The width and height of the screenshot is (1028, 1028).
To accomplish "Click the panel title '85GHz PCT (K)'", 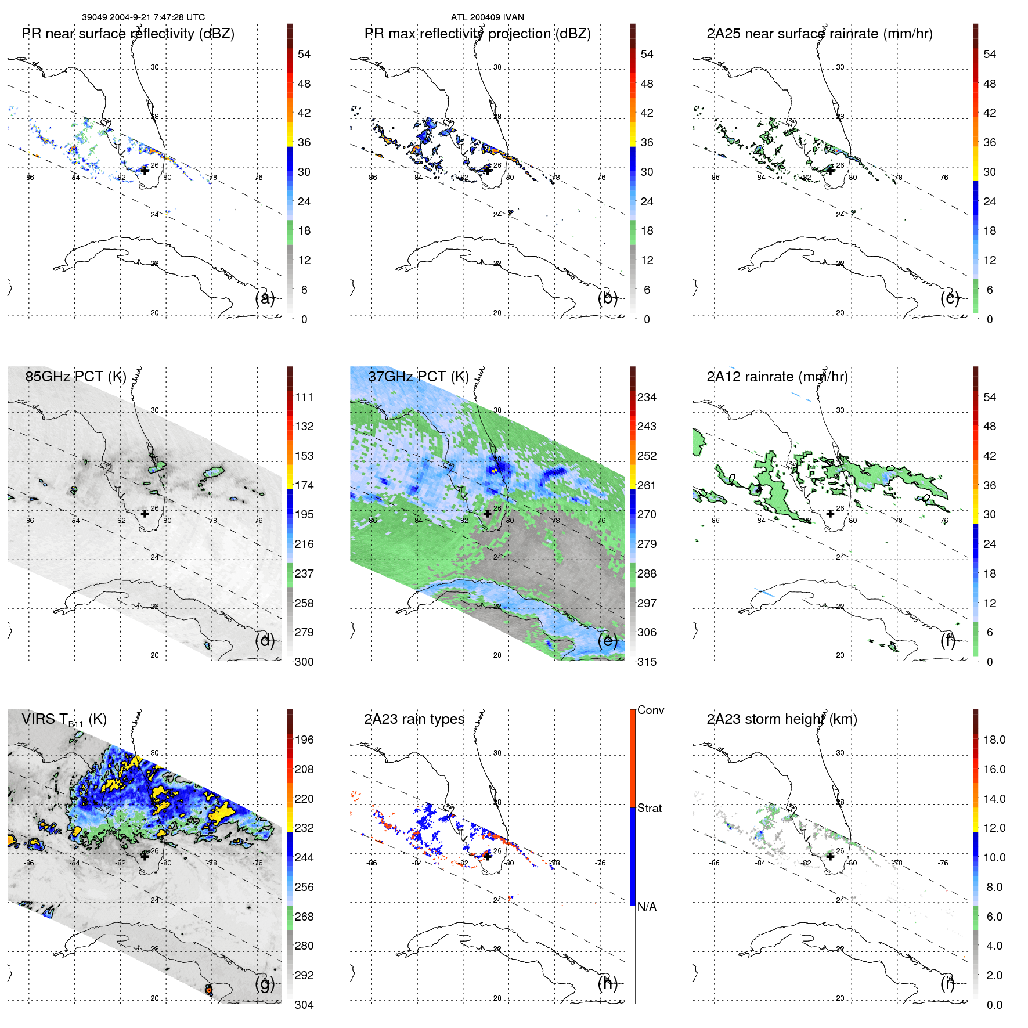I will [x=75, y=377].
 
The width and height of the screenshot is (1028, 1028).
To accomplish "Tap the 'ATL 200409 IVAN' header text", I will [x=487, y=17].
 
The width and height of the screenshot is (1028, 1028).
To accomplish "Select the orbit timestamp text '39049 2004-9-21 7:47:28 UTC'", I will [x=143, y=17].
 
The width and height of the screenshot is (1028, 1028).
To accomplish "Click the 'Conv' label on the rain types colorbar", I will [x=650, y=710].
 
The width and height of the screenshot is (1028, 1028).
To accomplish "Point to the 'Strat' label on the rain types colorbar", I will [x=649, y=809].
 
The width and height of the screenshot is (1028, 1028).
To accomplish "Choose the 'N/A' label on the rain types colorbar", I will [x=647, y=907].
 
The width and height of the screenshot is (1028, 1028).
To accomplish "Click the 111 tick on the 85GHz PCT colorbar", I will [x=304, y=398].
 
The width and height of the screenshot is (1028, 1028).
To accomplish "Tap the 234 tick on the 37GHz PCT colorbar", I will [x=647, y=398].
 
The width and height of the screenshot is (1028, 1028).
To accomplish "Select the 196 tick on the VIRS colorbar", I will [x=304, y=740].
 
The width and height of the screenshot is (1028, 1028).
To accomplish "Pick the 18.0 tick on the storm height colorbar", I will [x=994, y=740].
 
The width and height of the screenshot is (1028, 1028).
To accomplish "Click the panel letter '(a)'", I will [x=264, y=298].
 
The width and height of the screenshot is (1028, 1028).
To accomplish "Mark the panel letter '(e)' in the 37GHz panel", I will [x=607, y=641].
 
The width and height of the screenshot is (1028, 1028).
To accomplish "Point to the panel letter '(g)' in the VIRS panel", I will [x=264, y=984].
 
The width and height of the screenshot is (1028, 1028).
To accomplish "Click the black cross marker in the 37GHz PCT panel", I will [x=488, y=514].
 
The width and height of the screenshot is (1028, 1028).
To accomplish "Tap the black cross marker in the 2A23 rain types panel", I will [x=488, y=856].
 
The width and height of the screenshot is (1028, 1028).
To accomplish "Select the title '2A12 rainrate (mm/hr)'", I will [x=777, y=377].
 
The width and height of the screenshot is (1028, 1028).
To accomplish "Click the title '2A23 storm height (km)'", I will [x=781, y=719].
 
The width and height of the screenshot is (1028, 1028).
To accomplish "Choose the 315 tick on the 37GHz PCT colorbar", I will [x=647, y=662].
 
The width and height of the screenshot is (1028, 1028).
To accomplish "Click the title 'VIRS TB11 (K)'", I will [x=64, y=720].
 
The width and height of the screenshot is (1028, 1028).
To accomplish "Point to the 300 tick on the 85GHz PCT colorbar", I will [x=304, y=662].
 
